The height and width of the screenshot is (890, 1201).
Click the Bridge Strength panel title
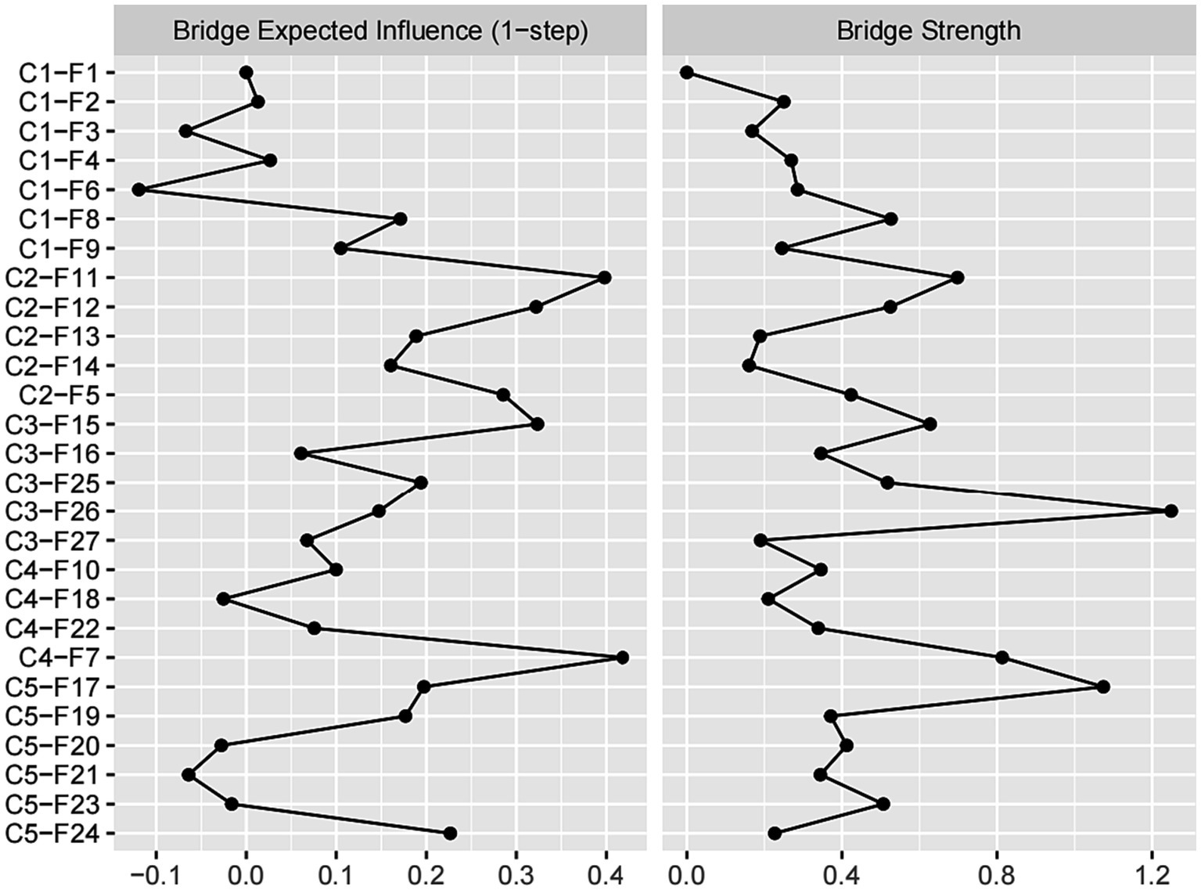click(x=929, y=31)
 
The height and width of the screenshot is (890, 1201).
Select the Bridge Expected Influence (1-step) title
click(x=380, y=31)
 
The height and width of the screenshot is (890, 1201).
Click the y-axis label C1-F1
click(x=59, y=73)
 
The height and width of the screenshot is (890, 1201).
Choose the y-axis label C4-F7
click(x=59, y=658)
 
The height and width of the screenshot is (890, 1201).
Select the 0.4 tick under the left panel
click(x=606, y=871)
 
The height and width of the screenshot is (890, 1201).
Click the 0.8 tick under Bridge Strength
click(x=997, y=871)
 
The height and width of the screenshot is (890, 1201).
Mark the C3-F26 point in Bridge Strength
click(x=1170, y=511)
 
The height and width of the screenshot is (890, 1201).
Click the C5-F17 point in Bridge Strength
click(x=1103, y=687)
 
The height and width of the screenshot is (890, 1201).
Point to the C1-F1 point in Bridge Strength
click(x=687, y=73)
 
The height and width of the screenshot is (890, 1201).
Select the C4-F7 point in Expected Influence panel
click(x=622, y=658)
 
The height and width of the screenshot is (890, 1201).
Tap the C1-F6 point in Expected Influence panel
click(x=139, y=189)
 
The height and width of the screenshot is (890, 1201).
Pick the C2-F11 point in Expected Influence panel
click(x=604, y=278)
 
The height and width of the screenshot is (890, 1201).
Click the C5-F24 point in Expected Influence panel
click(x=450, y=834)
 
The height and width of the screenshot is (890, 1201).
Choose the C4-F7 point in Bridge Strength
click(x=1001, y=658)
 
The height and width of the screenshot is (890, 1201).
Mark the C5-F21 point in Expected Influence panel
click(x=189, y=775)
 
